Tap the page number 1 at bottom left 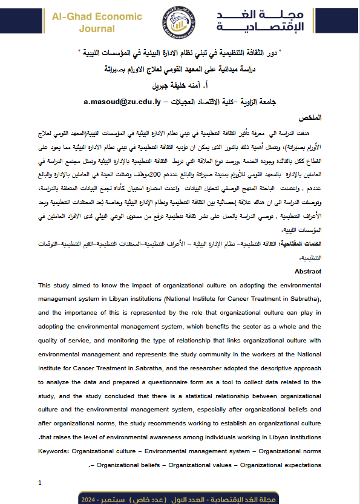(40, 482)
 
